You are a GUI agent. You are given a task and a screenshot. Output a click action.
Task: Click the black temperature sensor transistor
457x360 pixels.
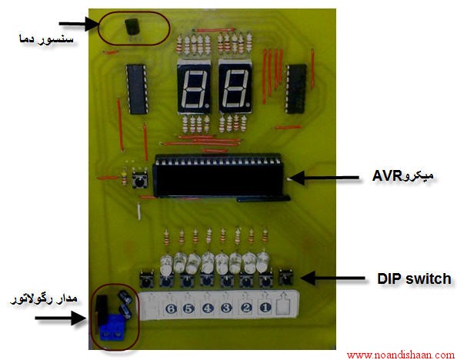[x=132, y=28]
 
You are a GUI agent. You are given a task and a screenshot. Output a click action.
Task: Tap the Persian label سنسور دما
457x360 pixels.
[x=46, y=39]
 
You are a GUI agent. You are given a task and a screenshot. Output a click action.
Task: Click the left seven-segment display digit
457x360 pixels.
[x=194, y=87]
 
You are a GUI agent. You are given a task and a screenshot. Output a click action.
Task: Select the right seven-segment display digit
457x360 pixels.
[x=235, y=87]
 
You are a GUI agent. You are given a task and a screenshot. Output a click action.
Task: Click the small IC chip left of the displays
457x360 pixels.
[x=137, y=89]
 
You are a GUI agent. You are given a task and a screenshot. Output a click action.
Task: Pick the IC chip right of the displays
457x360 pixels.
[x=296, y=88]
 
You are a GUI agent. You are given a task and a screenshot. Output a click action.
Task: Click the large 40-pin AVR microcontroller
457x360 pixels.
[x=218, y=176]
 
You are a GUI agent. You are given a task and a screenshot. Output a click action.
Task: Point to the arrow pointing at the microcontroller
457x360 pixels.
[x=325, y=178]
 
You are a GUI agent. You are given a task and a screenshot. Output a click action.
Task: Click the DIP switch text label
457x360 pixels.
[x=414, y=278]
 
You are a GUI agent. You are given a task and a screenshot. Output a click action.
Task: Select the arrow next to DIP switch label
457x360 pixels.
[x=332, y=278]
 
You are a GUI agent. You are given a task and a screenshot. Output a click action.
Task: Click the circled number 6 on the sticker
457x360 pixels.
[x=171, y=308]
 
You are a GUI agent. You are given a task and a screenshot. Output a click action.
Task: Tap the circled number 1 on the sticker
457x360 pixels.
[x=265, y=307]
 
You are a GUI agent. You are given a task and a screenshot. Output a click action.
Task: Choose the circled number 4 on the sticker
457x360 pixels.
[x=208, y=308]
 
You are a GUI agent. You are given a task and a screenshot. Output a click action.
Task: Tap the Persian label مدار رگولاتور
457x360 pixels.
[x=44, y=299]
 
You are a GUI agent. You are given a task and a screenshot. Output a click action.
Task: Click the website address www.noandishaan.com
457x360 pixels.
[x=400, y=355]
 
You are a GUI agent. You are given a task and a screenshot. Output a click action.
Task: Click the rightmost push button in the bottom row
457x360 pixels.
[x=285, y=278]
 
